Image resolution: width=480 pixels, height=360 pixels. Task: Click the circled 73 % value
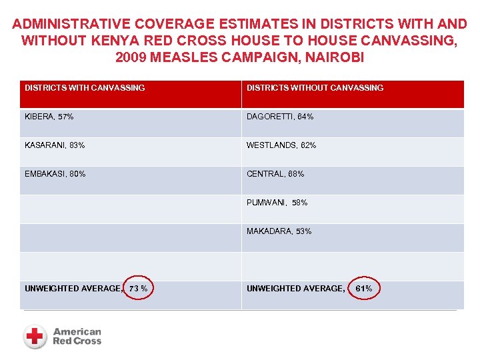(x=139, y=289)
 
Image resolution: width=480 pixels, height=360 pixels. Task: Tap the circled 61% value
(x=364, y=289)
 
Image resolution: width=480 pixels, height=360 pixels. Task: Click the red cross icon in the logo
(x=35, y=336)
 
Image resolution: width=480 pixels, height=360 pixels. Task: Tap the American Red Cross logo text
(x=77, y=336)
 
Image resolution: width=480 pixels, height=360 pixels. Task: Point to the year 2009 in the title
(x=133, y=57)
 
